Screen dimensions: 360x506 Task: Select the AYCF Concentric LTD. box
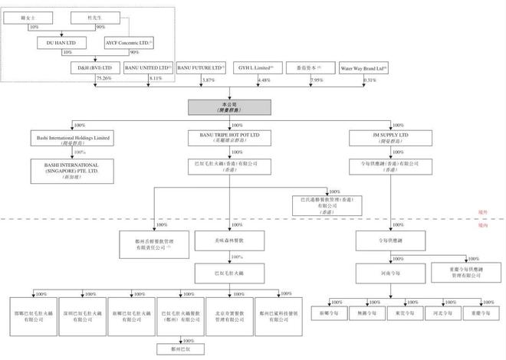pos(129,43)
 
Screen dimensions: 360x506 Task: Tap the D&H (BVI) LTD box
pos(94,68)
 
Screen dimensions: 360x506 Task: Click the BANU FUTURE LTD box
pos(202,68)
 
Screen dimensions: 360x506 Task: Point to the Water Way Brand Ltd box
pos(363,68)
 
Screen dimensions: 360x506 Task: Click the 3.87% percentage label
pos(208,80)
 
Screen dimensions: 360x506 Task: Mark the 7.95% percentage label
pos(316,80)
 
